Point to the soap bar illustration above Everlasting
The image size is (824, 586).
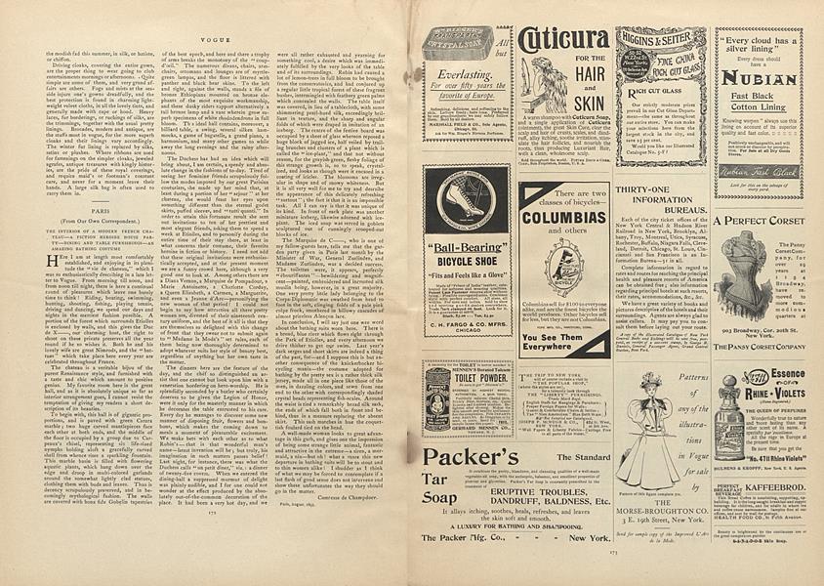tap(458, 43)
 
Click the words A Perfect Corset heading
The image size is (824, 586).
tap(759, 221)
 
